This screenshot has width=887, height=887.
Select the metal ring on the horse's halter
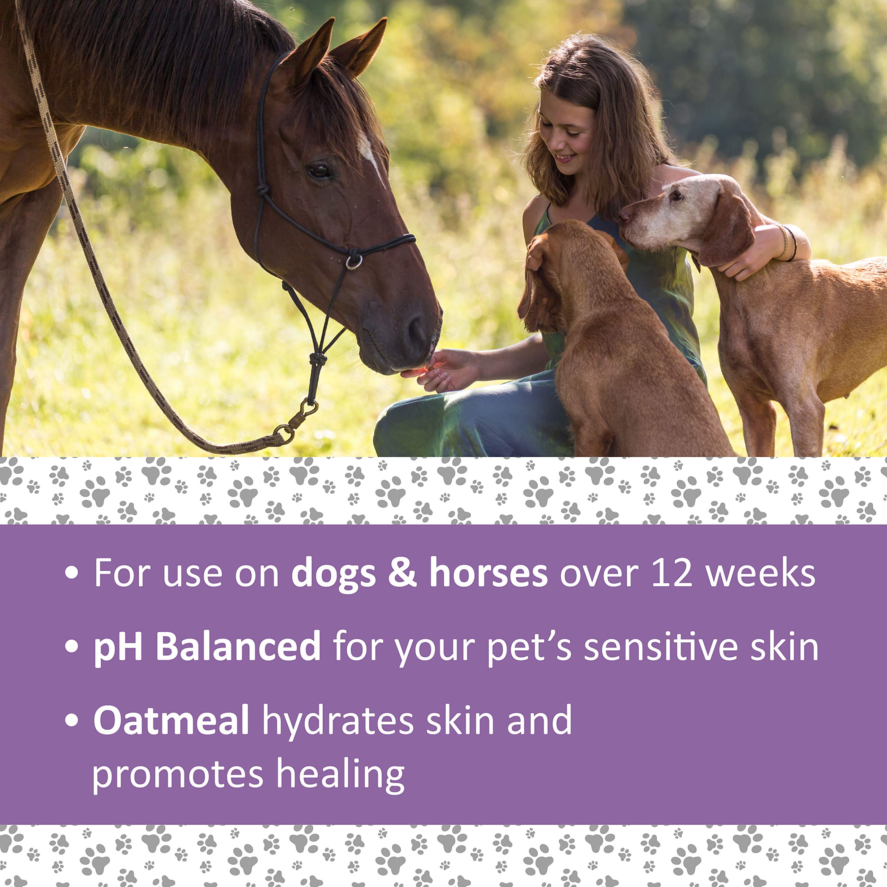click(x=354, y=262)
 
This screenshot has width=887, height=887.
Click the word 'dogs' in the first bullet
click(x=333, y=573)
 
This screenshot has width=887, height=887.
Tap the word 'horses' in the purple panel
click(x=488, y=573)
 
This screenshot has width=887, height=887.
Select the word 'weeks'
click(x=760, y=573)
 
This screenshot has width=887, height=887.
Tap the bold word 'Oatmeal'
click(x=171, y=720)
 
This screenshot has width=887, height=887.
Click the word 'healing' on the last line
click(x=340, y=776)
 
